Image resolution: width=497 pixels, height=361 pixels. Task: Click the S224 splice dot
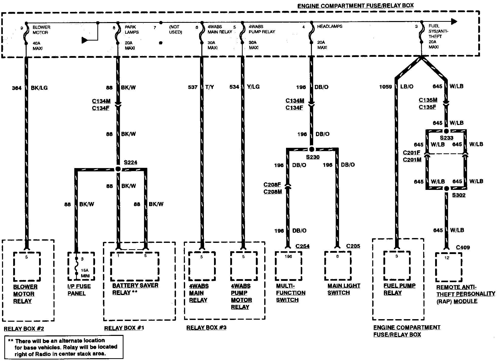(x=118, y=169)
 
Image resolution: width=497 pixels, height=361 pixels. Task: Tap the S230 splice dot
(x=312, y=149)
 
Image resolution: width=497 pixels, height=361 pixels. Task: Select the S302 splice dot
(x=447, y=188)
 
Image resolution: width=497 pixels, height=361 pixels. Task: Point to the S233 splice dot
(x=446, y=131)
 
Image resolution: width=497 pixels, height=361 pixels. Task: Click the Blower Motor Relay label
(x=25, y=294)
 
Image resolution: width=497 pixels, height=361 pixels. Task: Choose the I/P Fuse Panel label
(x=79, y=290)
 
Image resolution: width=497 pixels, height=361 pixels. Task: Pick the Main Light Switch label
(x=344, y=289)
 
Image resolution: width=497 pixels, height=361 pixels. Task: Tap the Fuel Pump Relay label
(x=399, y=289)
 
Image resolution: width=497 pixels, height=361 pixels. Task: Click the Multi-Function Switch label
(x=291, y=293)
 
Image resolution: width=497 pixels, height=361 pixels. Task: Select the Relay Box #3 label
(x=206, y=328)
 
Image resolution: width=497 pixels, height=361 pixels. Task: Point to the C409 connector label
(x=463, y=247)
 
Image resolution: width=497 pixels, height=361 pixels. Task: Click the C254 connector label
(x=302, y=246)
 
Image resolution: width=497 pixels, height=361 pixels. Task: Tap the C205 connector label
(x=353, y=246)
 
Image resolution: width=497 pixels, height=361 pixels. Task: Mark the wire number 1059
(x=385, y=87)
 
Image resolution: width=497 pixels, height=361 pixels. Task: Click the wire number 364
(x=17, y=88)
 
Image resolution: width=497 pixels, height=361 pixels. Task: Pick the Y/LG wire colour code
(x=253, y=87)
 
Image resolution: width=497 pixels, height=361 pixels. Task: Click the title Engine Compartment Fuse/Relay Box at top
(x=355, y=5)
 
